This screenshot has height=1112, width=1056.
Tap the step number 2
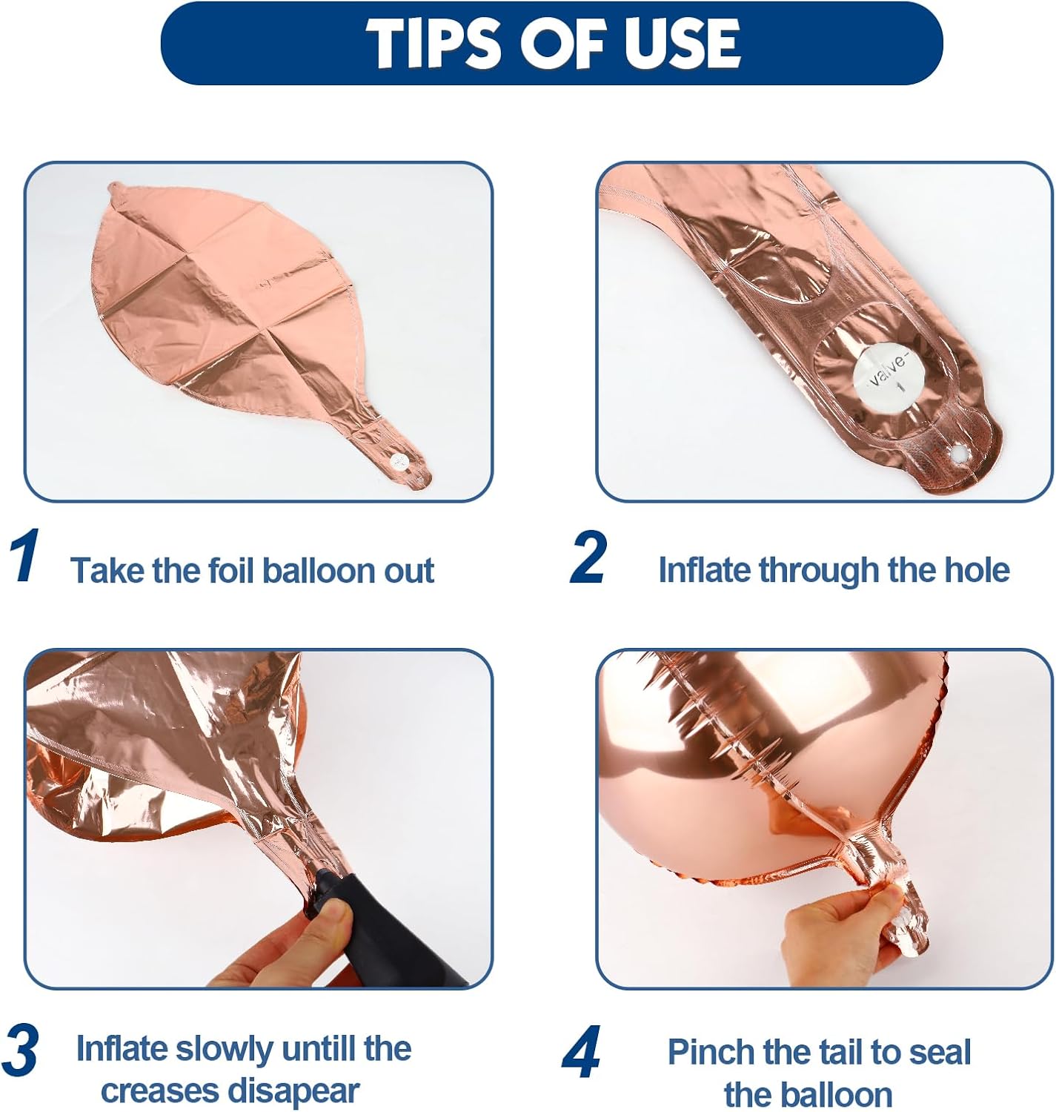(589, 557)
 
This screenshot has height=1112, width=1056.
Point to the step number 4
(581, 1051)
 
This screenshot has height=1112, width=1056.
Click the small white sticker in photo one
(400, 462)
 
